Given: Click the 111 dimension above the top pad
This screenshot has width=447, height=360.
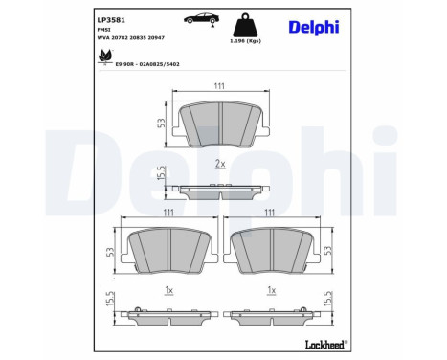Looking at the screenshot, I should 219,86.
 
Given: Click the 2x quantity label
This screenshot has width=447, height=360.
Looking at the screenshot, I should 219,164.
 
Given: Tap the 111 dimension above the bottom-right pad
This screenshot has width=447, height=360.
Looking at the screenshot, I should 272,213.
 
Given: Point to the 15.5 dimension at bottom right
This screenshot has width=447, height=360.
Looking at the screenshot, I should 329,300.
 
